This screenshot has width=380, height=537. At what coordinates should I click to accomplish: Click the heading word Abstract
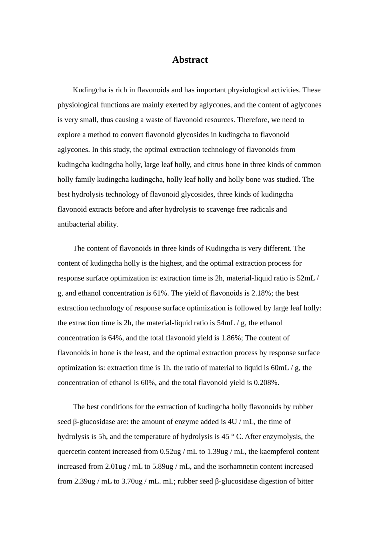[190, 60]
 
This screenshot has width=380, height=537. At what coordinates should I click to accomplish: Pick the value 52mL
[306, 278]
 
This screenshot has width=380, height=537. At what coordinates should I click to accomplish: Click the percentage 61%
[160, 293]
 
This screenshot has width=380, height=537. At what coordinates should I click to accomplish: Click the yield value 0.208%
[266, 383]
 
